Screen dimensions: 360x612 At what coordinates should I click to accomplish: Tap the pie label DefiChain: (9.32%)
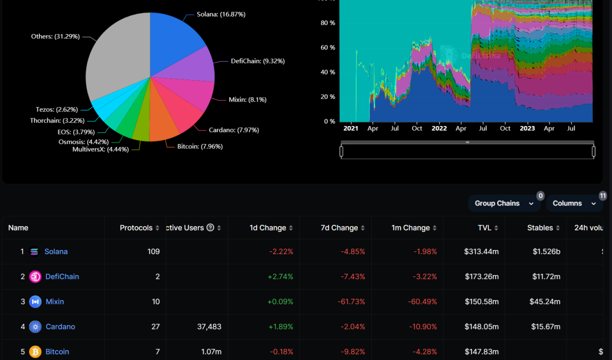(x=257, y=61)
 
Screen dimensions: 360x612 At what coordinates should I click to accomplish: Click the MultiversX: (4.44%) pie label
(x=100, y=149)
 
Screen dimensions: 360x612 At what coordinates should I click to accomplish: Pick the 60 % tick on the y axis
(x=328, y=47)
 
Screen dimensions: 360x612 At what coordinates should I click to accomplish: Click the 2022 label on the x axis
(x=439, y=128)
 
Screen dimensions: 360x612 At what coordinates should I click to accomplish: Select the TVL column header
(x=487, y=228)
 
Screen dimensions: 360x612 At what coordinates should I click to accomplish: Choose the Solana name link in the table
(x=56, y=251)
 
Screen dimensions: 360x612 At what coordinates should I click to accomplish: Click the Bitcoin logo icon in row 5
(x=35, y=351)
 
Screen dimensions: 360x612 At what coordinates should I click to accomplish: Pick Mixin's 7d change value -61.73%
(x=352, y=301)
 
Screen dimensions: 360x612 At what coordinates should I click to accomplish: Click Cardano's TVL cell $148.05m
(x=481, y=326)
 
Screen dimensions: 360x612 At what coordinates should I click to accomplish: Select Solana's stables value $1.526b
(x=546, y=251)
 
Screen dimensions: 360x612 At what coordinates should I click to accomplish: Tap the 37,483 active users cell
(x=210, y=326)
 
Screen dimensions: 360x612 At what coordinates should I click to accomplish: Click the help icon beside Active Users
(x=210, y=228)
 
